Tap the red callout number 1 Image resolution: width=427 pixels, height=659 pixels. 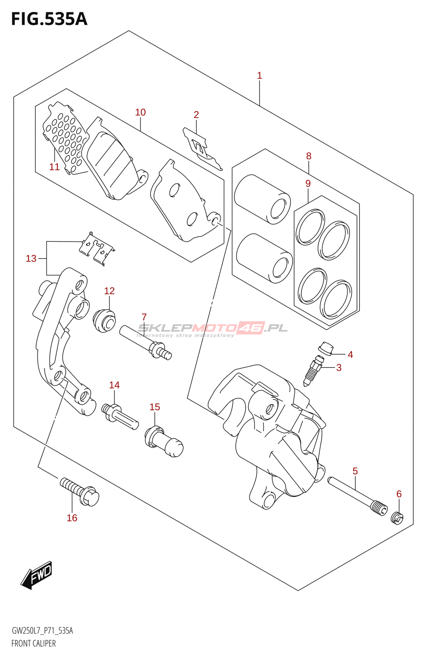pyautogui.click(x=259, y=76)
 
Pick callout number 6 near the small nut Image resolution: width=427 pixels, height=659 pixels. pyautogui.click(x=399, y=494)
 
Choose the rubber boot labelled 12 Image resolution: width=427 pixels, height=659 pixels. pyautogui.click(x=104, y=320)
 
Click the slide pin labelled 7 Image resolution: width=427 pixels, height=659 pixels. pyautogui.click(x=145, y=342)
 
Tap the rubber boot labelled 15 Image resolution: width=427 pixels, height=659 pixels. pyautogui.click(x=164, y=442)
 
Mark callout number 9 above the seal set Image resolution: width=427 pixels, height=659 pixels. pyautogui.click(x=308, y=183)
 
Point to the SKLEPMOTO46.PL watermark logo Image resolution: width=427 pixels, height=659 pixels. pyautogui.click(x=213, y=329)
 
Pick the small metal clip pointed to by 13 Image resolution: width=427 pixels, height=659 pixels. pyautogui.click(x=97, y=249)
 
